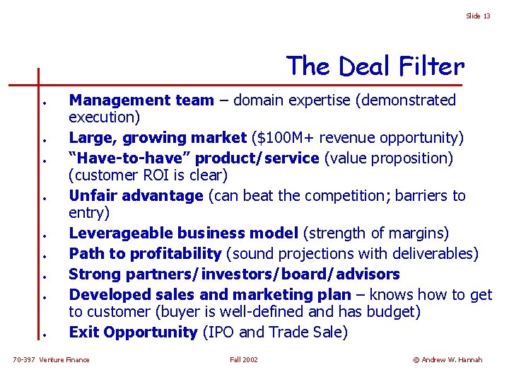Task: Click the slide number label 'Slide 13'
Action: [478, 16]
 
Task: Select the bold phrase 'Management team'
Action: [141, 100]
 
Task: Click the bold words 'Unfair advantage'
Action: [136, 195]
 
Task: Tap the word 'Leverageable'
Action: [122, 233]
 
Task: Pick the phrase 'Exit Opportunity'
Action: [133, 332]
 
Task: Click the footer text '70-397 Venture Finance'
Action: [52, 360]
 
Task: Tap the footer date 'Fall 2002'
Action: [244, 360]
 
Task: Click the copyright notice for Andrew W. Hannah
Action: [447, 360]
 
